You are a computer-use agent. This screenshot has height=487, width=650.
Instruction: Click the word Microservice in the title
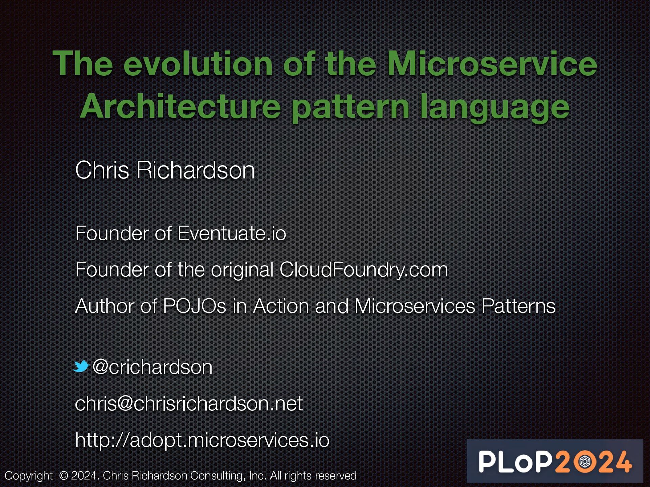click(492, 64)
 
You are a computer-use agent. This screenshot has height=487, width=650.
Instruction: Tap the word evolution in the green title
click(198, 64)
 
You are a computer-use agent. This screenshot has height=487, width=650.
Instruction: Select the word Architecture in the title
click(180, 107)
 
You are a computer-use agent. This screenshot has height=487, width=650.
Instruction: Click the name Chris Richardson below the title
click(165, 170)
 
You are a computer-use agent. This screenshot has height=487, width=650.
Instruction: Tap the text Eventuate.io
click(232, 233)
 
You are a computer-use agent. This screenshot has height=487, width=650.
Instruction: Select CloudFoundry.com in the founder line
click(364, 270)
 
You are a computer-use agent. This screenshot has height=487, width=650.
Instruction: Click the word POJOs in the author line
click(194, 306)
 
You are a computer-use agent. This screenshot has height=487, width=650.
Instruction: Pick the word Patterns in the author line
click(518, 306)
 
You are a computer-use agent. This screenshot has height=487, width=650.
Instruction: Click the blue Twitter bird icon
click(81, 366)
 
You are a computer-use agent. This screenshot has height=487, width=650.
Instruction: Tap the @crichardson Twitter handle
click(152, 367)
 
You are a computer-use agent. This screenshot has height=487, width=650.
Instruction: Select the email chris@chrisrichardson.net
click(189, 403)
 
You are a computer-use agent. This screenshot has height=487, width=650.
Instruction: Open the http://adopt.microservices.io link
click(202, 440)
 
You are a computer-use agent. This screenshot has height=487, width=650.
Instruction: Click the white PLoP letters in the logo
click(515, 462)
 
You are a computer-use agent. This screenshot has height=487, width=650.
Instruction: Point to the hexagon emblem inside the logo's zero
click(585, 462)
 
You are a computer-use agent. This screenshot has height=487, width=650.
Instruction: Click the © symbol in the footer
click(63, 476)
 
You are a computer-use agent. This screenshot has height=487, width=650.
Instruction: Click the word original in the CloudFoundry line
click(242, 270)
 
